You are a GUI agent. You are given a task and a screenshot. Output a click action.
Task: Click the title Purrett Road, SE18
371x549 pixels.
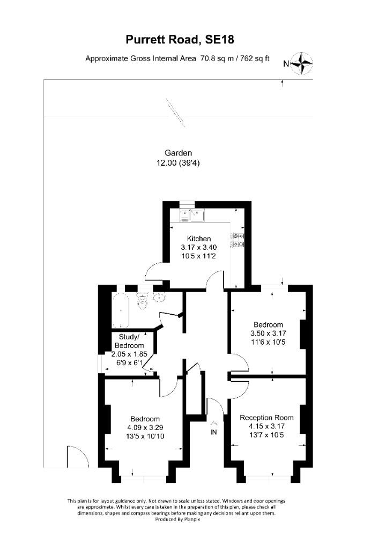180,39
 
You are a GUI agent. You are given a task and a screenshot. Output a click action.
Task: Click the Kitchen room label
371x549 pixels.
198,239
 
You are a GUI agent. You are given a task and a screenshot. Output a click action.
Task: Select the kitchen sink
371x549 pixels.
191,216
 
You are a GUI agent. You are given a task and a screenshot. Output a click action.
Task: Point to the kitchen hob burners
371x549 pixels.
238,240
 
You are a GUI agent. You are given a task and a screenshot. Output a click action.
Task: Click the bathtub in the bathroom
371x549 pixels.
121,311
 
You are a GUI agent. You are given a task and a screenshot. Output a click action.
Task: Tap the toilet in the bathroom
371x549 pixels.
142,302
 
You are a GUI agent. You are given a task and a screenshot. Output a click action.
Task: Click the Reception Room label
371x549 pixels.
266,418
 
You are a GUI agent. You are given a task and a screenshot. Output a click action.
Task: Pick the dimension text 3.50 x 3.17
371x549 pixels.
268,333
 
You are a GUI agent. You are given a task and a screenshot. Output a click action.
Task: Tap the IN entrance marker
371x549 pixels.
213,432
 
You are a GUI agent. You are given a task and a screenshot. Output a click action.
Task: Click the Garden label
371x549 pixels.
178,153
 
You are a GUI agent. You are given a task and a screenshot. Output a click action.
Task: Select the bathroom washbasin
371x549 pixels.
159,298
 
